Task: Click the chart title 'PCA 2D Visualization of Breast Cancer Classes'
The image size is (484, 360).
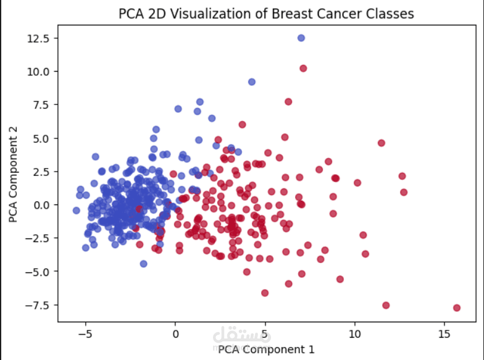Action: pos(266,13)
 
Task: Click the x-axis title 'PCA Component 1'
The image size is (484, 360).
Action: pos(266,350)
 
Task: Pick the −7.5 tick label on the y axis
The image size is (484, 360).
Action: pos(41,304)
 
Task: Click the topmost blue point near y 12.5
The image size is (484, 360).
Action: pos(301,38)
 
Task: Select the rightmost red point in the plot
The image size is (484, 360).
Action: pos(457,308)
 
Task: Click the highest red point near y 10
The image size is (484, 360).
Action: pos(303,68)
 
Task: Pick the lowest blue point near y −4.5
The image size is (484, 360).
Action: pos(143,264)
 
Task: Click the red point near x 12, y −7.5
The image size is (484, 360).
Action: pos(386,305)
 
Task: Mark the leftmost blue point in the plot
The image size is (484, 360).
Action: pos(77,211)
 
